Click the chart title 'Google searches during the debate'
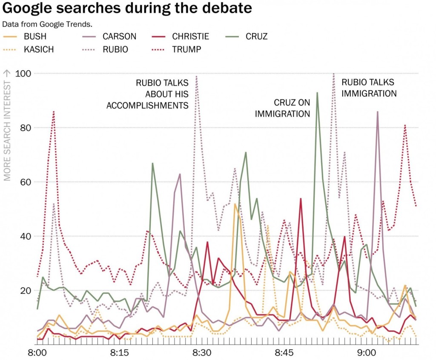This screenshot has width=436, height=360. click(x=127, y=8)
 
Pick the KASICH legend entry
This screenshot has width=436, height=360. click(x=39, y=49)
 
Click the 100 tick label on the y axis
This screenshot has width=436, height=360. click(x=24, y=74)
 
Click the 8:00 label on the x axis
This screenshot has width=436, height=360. click(x=37, y=353)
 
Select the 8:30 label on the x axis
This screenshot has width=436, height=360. click(x=202, y=353)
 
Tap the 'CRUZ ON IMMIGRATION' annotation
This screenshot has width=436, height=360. click(x=282, y=108)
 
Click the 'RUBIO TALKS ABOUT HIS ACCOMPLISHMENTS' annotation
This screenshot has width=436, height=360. click(x=147, y=94)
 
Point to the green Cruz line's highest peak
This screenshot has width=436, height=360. click(x=317, y=92)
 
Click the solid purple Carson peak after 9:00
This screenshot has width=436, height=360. click(x=377, y=111)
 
